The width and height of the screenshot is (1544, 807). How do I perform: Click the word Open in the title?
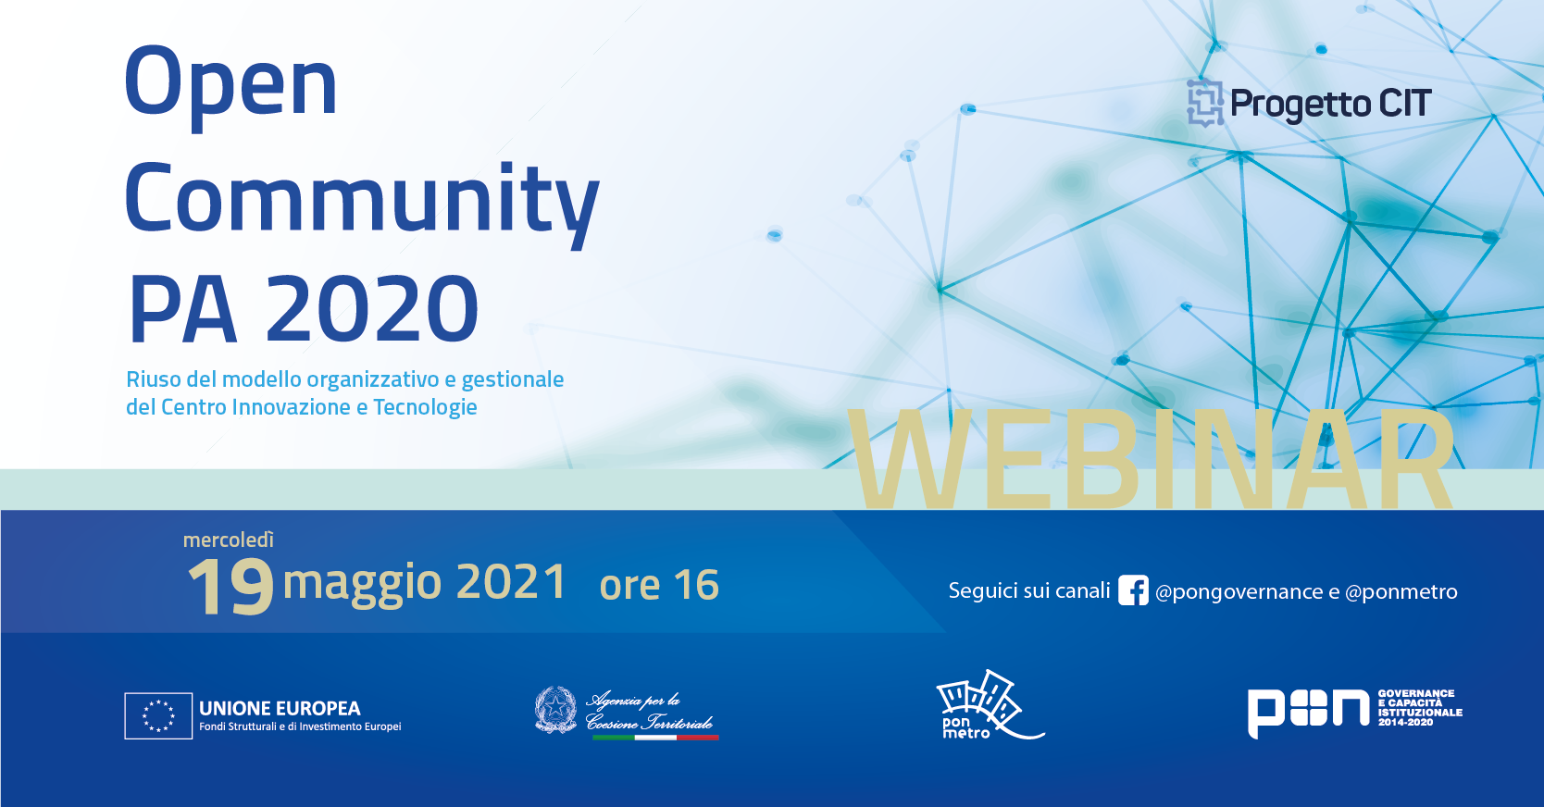coord(230,85)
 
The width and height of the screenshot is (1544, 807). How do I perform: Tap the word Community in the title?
coord(362,200)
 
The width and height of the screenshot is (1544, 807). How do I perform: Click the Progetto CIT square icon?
coord(1205,104)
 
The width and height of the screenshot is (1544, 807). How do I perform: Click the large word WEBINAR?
coord(1152,458)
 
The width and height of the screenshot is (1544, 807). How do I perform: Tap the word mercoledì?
coord(228,540)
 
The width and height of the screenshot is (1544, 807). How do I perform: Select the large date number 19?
coord(230,586)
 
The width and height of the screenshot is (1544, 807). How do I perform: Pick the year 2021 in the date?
coord(511,582)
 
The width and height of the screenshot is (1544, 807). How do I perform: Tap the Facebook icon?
coord(1133,590)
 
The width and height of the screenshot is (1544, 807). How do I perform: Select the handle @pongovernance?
coord(1239,592)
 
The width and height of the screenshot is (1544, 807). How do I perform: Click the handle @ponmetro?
coord(1401,592)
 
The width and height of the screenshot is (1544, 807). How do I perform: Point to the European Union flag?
coord(158,716)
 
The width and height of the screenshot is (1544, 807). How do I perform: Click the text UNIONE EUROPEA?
coord(280,709)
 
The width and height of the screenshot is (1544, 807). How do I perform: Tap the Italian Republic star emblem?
coord(555,710)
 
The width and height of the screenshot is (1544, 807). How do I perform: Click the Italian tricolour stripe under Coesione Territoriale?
coord(655,738)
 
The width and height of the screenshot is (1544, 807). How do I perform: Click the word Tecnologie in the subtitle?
coord(425,408)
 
